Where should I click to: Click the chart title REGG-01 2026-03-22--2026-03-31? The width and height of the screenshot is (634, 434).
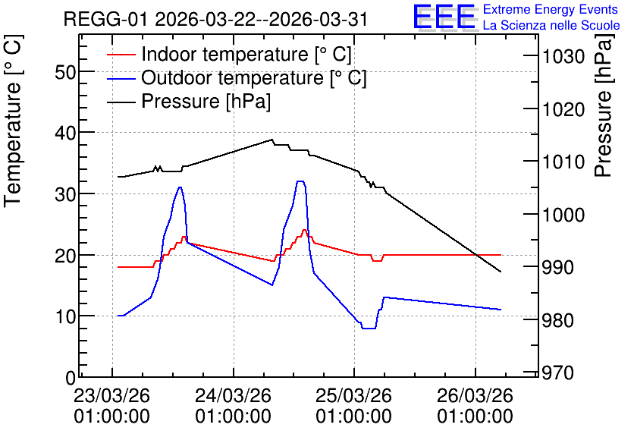pyautogui.click(x=215, y=19)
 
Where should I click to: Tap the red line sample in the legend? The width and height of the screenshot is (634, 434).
pyautogui.click(x=121, y=55)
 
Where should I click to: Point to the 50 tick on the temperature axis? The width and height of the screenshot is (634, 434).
pyautogui.click(x=65, y=73)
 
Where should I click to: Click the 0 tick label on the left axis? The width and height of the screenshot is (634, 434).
pyautogui.click(x=71, y=378)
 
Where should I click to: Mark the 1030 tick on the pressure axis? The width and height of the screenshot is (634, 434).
pyautogui.click(x=563, y=57)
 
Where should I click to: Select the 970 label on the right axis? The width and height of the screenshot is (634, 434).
pyautogui.click(x=558, y=373)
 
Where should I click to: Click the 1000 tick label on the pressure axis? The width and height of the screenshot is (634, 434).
pyautogui.click(x=563, y=215)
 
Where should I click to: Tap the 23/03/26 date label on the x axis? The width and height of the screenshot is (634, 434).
pyautogui.click(x=112, y=395)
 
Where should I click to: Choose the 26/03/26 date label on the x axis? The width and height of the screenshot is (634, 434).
pyautogui.click(x=475, y=395)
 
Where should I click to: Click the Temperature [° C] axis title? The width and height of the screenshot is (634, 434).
pyautogui.click(x=13, y=121)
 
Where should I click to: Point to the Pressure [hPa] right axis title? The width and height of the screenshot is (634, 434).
pyautogui.click(x=604, y=105)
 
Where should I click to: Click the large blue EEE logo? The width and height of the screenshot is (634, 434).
pyautogui.click(x=444, y=17)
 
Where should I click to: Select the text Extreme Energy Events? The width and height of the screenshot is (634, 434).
pyautogui.click(x=551, y=9)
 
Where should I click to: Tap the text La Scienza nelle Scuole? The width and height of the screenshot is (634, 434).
pyautogui.click(x=551, y=26)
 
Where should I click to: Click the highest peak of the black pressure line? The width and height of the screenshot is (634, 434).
pyautogui.click(x=271, y=140)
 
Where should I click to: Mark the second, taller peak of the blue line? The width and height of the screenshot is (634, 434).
pyautogui.click(x=300, y=181)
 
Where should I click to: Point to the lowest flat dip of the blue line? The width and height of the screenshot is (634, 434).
pyautogui.click(x=369, y=328)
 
